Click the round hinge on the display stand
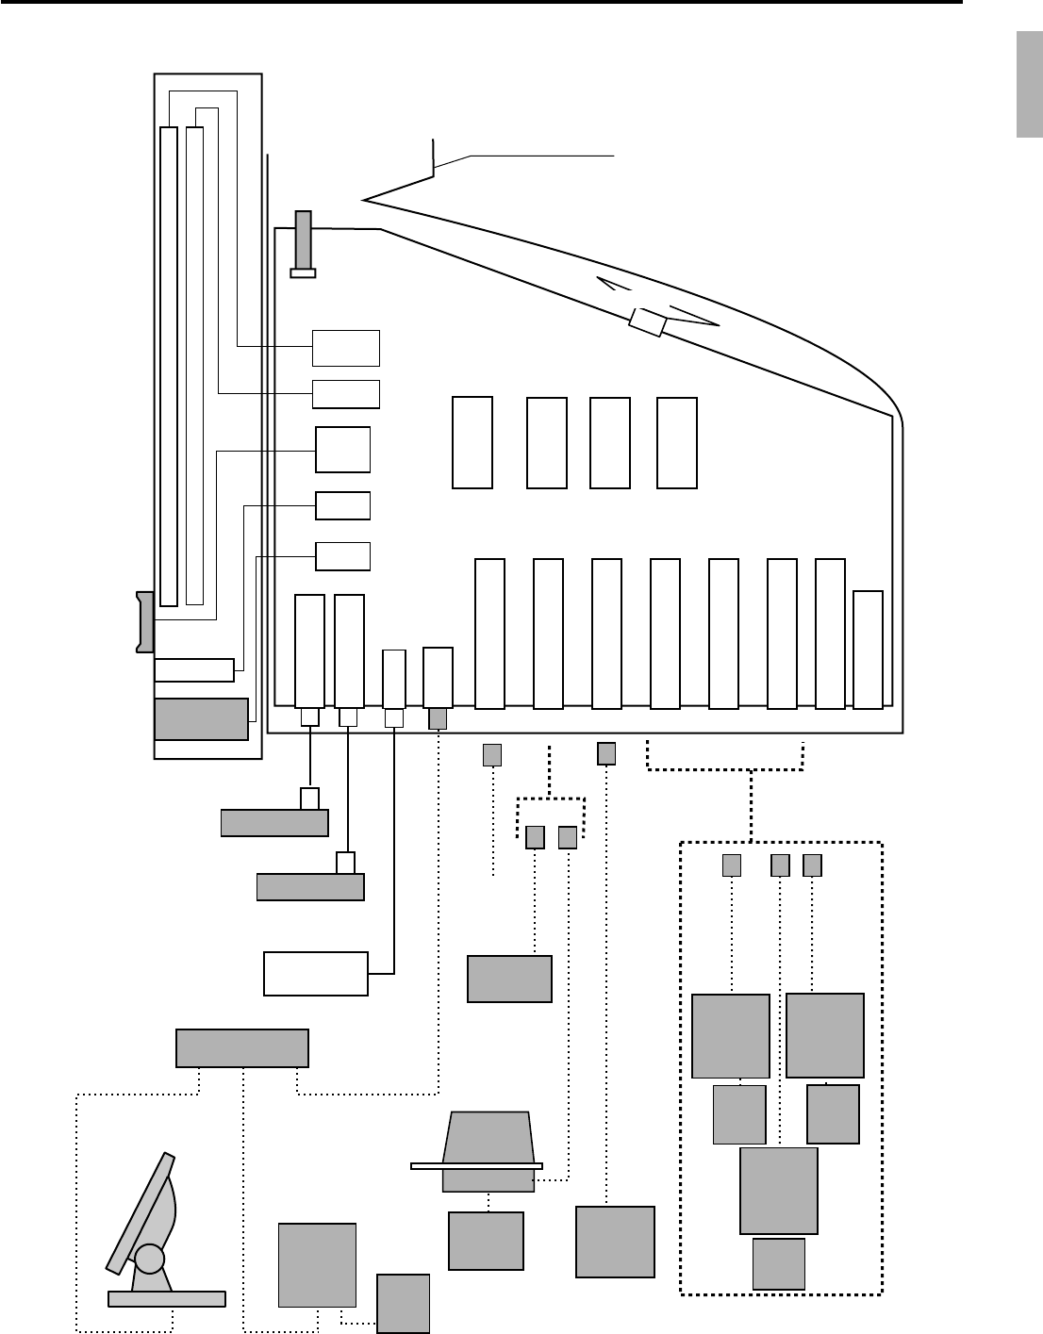click(149, 1259)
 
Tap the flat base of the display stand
click(167, 1299)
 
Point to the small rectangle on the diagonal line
click(648, 321)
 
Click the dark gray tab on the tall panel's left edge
click(144, 621)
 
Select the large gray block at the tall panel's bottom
click(201, 719)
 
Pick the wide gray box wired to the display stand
click(242, 1048)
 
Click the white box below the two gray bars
click(315, 974)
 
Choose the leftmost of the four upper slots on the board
click(472, 443)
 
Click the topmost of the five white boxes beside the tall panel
click(346, 348)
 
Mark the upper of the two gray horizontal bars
click(274, 823)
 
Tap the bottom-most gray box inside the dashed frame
click(779, 1264)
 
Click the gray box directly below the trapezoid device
click(486, 1241)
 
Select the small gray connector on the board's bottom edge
click(438, 718)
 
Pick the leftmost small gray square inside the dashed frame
click(731, 865)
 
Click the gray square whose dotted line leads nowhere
click(492, 754)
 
